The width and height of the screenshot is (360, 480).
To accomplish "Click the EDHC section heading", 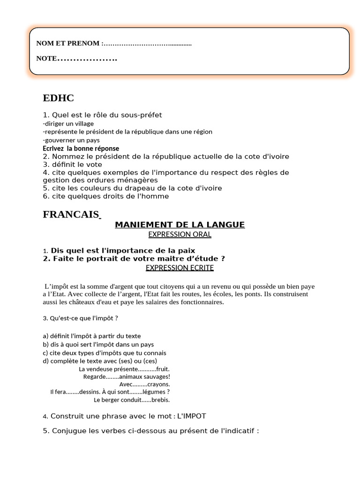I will click(x=58, y=98).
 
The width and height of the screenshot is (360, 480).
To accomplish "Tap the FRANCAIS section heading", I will click(x=70, y=214).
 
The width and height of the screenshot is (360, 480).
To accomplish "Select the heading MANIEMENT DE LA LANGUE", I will click(x=180, y=225).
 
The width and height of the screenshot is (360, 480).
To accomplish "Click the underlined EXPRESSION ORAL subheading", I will click(x=180, y=234).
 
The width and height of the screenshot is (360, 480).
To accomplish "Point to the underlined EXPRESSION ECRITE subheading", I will click(x=180, y=268).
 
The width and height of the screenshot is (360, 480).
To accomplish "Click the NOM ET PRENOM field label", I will click(x=68, y=44).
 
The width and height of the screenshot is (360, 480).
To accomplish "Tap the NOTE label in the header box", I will click(x=46, y=59).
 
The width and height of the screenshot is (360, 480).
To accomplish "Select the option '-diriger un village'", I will click(x=68, y=124).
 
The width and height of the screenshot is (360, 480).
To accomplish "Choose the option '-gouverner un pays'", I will click(x=71, y=140).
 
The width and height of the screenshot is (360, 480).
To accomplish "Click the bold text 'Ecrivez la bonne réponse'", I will click(x=81, y=148).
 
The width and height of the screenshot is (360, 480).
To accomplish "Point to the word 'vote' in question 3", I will click(x=93, y=165).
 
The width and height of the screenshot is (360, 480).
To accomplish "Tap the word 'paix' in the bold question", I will click(x=187, y=250).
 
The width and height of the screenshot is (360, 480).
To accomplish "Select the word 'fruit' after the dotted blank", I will click(x=163, y=369).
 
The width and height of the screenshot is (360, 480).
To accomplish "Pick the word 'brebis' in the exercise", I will click(x=161, y=400).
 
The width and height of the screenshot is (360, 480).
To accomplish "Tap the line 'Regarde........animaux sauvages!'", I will click(x=127, y=376).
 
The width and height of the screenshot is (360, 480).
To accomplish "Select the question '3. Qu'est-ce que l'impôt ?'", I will click(x=80, y=318).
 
